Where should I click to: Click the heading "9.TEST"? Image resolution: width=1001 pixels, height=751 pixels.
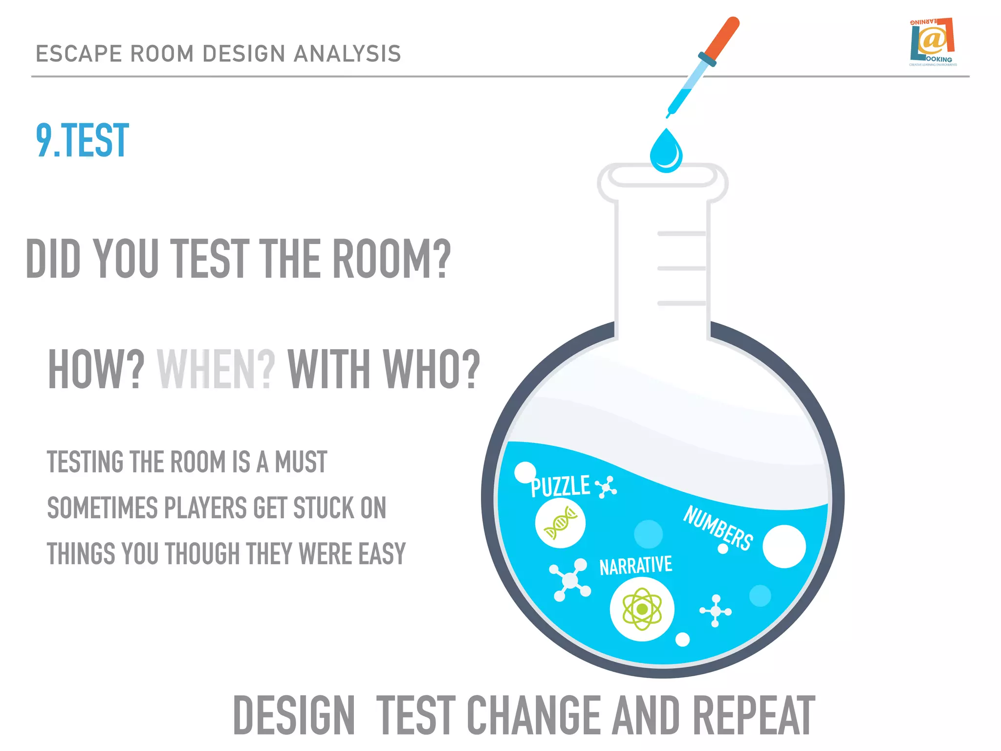click(82, 141)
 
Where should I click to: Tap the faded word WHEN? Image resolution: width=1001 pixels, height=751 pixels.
click(216, 369)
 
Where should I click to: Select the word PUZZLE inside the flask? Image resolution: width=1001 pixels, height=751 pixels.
click(560, 486)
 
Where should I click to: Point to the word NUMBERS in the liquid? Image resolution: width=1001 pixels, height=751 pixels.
click(718, 528)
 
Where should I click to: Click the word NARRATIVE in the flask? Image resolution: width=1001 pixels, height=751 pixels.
click(635, 566)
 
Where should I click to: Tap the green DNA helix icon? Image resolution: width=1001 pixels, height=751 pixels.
click(560, 523)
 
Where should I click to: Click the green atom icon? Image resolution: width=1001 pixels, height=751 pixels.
click(642, 609)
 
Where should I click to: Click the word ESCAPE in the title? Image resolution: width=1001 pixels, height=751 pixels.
click(79, 54)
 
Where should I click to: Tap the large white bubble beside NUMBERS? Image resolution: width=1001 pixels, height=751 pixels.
click(783, 546)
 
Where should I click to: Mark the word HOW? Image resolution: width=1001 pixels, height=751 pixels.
click(96, 369)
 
